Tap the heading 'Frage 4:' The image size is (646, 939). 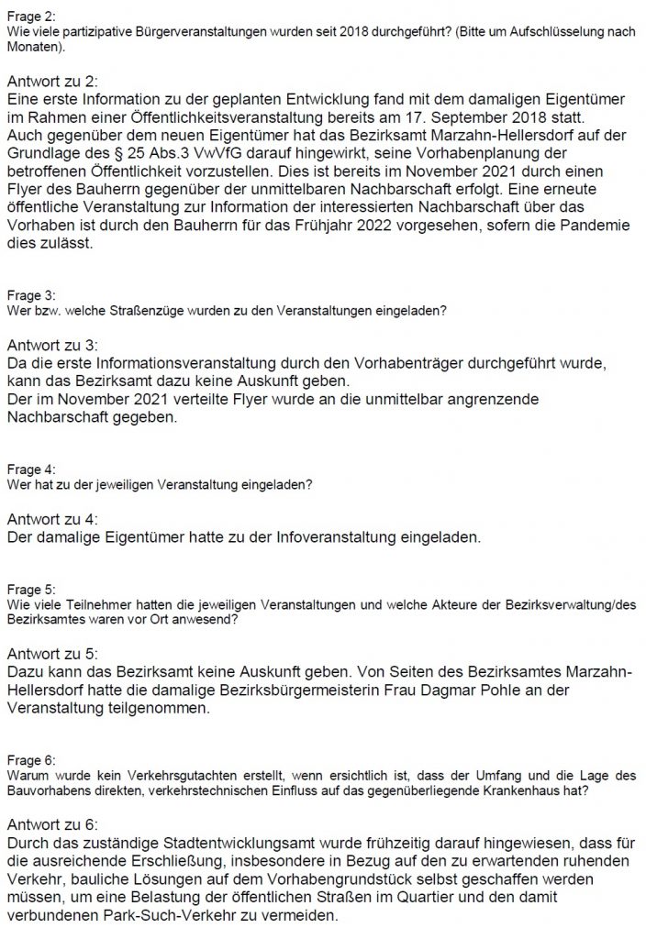pos(29,469)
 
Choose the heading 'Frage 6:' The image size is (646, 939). pos(29,760)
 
